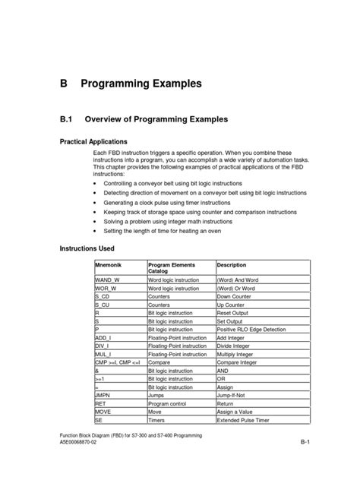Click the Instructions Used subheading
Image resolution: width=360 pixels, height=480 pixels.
[87, 248]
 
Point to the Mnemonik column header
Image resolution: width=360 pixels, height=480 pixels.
[109, 266]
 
